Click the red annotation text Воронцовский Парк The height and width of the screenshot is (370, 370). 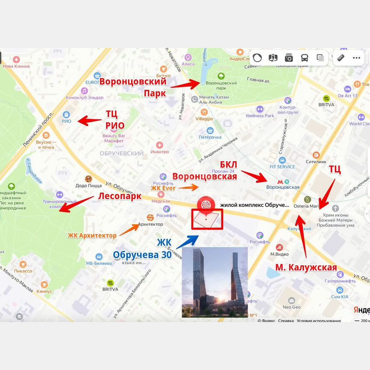133,88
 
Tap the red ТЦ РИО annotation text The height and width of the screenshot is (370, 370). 115,119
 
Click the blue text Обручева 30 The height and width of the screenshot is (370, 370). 142,255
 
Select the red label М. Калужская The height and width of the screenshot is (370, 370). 306,268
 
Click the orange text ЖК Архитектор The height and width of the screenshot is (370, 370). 92,236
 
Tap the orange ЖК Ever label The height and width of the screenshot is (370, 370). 164,188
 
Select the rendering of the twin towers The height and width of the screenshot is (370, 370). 215,282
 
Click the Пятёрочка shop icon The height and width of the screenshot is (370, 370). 210,131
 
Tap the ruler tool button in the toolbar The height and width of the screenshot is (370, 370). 341,58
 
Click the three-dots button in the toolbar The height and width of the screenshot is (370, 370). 356,58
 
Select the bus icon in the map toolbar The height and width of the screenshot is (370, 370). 304,58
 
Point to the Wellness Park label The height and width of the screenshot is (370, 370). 260,116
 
